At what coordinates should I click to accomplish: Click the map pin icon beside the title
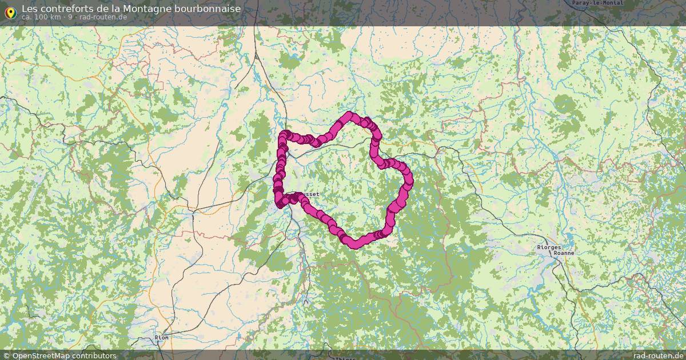pyautogui.click(x=10, y=11)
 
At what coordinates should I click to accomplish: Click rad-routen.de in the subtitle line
pyautogui.click(x=103, y=17)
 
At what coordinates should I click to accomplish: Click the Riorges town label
pyautogui.click(x=548, y=247)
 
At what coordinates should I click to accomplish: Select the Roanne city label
pyautogui.click(x=564, y=253)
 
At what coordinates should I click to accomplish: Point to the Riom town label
pyautogui.click(x=162, y=338)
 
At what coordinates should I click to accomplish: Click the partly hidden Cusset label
pyautogui.click(x=311, y=194)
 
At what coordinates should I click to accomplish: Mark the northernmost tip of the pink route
pyautogui.click(x=349, y=115)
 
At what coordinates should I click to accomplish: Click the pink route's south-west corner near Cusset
pyautogui.click(x=280, y=202)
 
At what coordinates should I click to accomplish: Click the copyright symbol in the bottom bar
pyautogui.click(x=7, y=355)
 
